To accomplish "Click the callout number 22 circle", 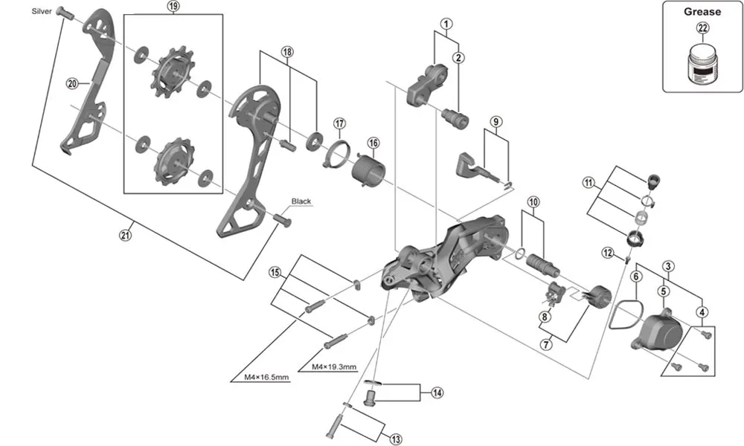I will pyautogui.click(x=702, y=29).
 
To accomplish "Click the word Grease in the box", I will pyautogui.click(x=702, y=11).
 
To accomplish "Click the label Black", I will pyautogui.click(x=301, y=201).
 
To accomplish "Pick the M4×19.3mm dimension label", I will pyautogui.click(x=335, y=367).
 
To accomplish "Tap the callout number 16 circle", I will pyautogui.click(x=373, y=142).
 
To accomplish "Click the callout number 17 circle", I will pyautogui.click(x=339, y=123).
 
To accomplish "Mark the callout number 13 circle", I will pyautogui.click(x=395, y=439).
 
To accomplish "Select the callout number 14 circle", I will pyautogui.click(x=437, y=392).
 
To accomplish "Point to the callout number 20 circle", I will pyautogui.click(x=72, y=83).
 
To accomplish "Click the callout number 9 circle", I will pyautogui.click(x=496, y=121).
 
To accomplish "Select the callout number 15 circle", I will pyautogui.click(x=275, y=273).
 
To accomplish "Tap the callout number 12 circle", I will pyautogui.click(x=608, y=253).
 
